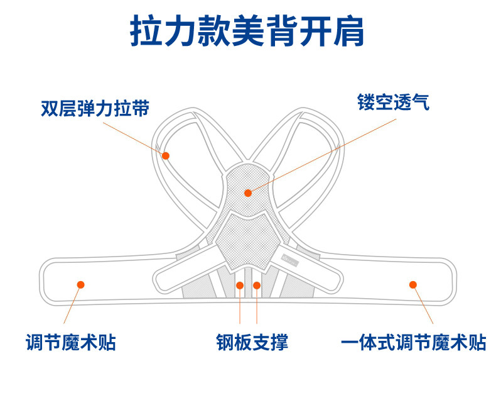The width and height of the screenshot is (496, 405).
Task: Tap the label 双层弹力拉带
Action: pyautogui.click(x=95, y=108)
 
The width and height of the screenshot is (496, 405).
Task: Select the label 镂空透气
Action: pyautogui.click(x=394, y=103)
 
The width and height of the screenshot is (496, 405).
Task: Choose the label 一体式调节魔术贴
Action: pyautogui.click(x=413, y=342)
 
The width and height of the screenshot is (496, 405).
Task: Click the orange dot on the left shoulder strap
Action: pyautogui.click(x=166, y=155)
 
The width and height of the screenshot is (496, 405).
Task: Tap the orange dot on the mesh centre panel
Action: pyautogui.click(x=248, y=192)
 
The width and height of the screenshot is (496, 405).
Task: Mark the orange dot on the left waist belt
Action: pyautogui.click(x=80, y=284)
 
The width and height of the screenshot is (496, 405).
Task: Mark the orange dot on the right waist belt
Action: pyautogui.click(x=413, y=284)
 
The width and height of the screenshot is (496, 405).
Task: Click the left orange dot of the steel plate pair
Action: pyautogui.click(x=240, y=286)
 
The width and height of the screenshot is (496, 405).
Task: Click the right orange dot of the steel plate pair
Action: pyautogui.click(x=257, y=286)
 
